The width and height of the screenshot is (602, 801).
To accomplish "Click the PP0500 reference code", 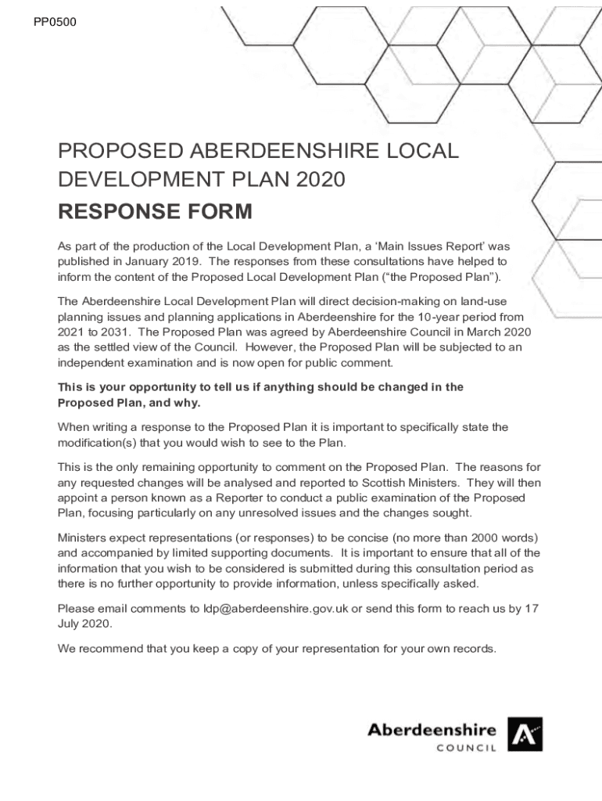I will coord(55,22).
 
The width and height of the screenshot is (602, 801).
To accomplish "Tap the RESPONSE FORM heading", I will coord(155,212).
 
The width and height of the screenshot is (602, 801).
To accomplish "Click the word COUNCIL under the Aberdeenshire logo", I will coord(466,749).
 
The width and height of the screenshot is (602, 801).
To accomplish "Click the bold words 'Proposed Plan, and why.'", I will coord(129,403).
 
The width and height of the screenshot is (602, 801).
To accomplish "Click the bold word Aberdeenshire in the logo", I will coord(432,731).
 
